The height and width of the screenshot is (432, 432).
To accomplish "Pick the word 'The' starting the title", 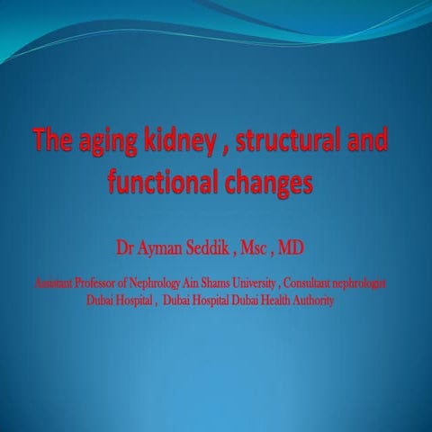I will click(x=50, y=142).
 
